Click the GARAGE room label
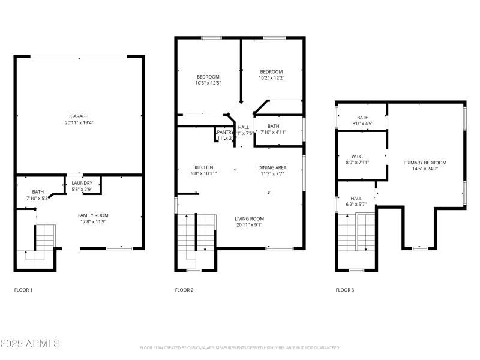tap(79, 116)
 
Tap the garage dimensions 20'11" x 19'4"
tap(79, 122)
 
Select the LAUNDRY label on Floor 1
tap(82, 183)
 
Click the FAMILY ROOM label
tap(93, 215)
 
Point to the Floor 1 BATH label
tap(38, 192)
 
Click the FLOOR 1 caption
tap(23, 290)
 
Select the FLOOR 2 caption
tap(184, 290)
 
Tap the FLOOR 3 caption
tap(345, 290)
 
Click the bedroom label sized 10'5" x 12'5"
tap(208, 77)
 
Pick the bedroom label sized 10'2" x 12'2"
tap(271, 72)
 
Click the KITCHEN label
tap(204, 167)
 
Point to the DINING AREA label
tap(272, 167)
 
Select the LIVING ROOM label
tap(249, 218)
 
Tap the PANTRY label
tap(225, 132)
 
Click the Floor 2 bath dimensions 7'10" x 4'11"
tap(274, 132)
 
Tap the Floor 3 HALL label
tap(356, 199)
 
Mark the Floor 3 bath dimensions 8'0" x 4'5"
tap(363, 124)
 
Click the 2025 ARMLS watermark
tap(30, 344)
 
